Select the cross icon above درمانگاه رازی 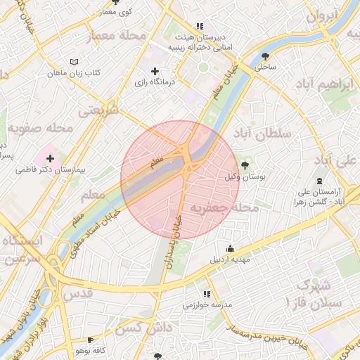[x=155, y=71]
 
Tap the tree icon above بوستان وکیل [x=244, y=165]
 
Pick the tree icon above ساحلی [x=266, y=56]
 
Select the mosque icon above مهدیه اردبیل [x=230, y=247]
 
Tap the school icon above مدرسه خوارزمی [x=207, y=294]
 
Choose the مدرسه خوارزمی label [x=207, y=305]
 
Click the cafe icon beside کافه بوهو [x=90, y=340]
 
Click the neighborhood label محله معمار [x=116, y=35]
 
